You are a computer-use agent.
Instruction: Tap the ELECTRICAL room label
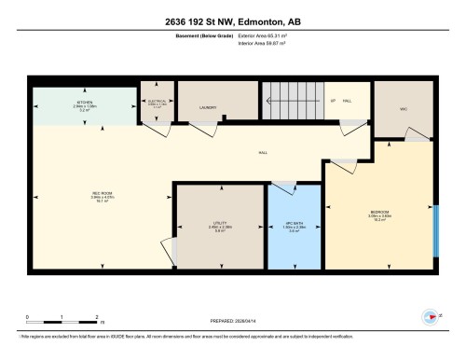point(155,102)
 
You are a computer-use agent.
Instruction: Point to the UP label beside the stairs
point(333,100)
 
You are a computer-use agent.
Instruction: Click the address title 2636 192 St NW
point(233,21)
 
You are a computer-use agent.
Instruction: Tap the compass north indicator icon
point(431,315)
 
